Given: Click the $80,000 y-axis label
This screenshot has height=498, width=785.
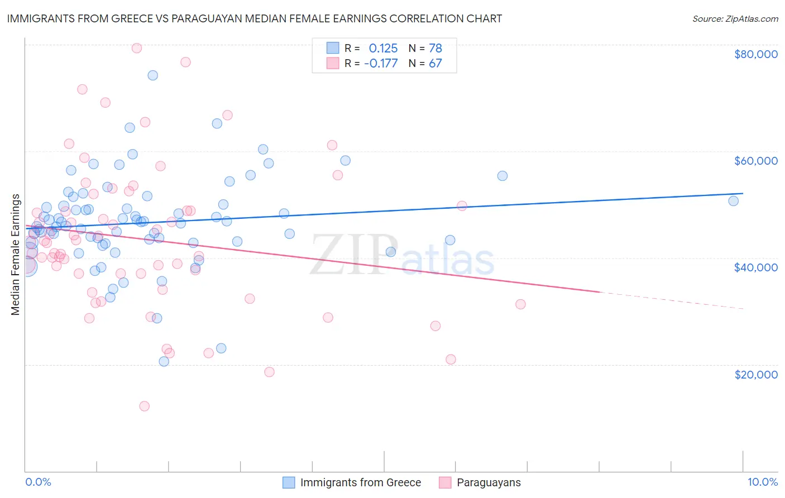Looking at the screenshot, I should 755,54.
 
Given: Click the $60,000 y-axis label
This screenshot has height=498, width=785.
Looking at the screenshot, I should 755,161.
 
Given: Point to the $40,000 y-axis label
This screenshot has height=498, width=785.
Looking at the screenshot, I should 755,267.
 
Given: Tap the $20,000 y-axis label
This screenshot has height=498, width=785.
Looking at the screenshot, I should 755,374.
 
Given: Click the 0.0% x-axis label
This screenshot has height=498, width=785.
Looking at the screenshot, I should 38,482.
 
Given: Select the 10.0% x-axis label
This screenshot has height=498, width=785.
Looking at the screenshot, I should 762,482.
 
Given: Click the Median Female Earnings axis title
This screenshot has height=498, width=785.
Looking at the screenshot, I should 16,255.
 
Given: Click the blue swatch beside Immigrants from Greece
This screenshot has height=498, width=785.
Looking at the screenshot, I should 289,482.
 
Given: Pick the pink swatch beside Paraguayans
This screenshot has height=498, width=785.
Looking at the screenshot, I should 445,482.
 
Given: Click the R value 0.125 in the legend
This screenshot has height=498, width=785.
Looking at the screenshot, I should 383,49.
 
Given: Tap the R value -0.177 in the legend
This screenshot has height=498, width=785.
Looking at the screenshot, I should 381,64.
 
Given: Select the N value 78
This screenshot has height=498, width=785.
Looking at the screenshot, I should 435,49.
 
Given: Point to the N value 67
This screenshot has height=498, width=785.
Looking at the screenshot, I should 435,64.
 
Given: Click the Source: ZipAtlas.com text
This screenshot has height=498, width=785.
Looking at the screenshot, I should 735,19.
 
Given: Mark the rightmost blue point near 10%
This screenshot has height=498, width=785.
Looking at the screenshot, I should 733,201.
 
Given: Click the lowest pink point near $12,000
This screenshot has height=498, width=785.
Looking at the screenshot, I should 144,406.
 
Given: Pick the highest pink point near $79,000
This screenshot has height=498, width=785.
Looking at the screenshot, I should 136,48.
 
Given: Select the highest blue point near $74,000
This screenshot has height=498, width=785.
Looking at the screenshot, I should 152,75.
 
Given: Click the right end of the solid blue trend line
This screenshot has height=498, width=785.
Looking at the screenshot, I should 743,193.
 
